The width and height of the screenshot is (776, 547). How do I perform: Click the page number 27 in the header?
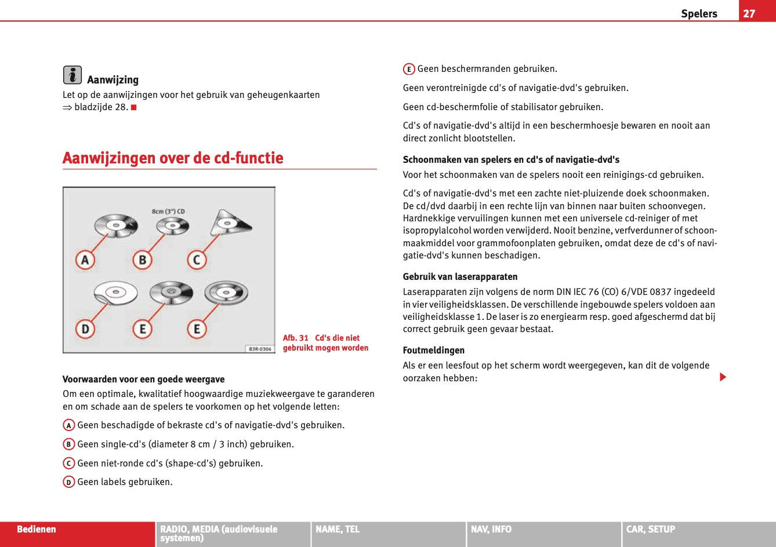coord(749,13)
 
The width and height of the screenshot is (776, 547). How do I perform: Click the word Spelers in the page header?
coord(699,13)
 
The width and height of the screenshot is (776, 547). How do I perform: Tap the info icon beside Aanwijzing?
coord(72,75)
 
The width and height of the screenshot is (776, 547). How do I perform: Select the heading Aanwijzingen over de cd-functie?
coord(173,158)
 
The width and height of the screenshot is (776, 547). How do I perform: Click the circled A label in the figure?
coord(85,260)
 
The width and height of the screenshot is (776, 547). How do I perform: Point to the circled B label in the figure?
coord(142,260)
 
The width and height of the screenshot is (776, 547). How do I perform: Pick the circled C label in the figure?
coord(197,260)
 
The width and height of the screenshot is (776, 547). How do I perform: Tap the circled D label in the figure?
coord(85,329)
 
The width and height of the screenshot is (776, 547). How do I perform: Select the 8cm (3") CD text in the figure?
coord(168,211)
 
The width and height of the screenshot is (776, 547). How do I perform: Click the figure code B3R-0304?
coord(259,349)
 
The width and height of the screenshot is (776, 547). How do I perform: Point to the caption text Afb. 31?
coord(296,338)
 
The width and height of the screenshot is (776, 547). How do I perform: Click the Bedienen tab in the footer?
coord(37,529)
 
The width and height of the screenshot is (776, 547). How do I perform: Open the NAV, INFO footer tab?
coord(491,529)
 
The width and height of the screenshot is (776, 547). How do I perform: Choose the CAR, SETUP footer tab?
coord(651,529)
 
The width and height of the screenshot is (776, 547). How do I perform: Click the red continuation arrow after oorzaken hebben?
coord(723,377)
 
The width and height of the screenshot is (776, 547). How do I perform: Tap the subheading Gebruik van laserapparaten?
coord(460,276)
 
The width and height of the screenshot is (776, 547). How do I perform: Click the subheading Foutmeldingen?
coord(434,350)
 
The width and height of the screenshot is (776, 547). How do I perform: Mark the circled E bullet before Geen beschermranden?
coord(409,70)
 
